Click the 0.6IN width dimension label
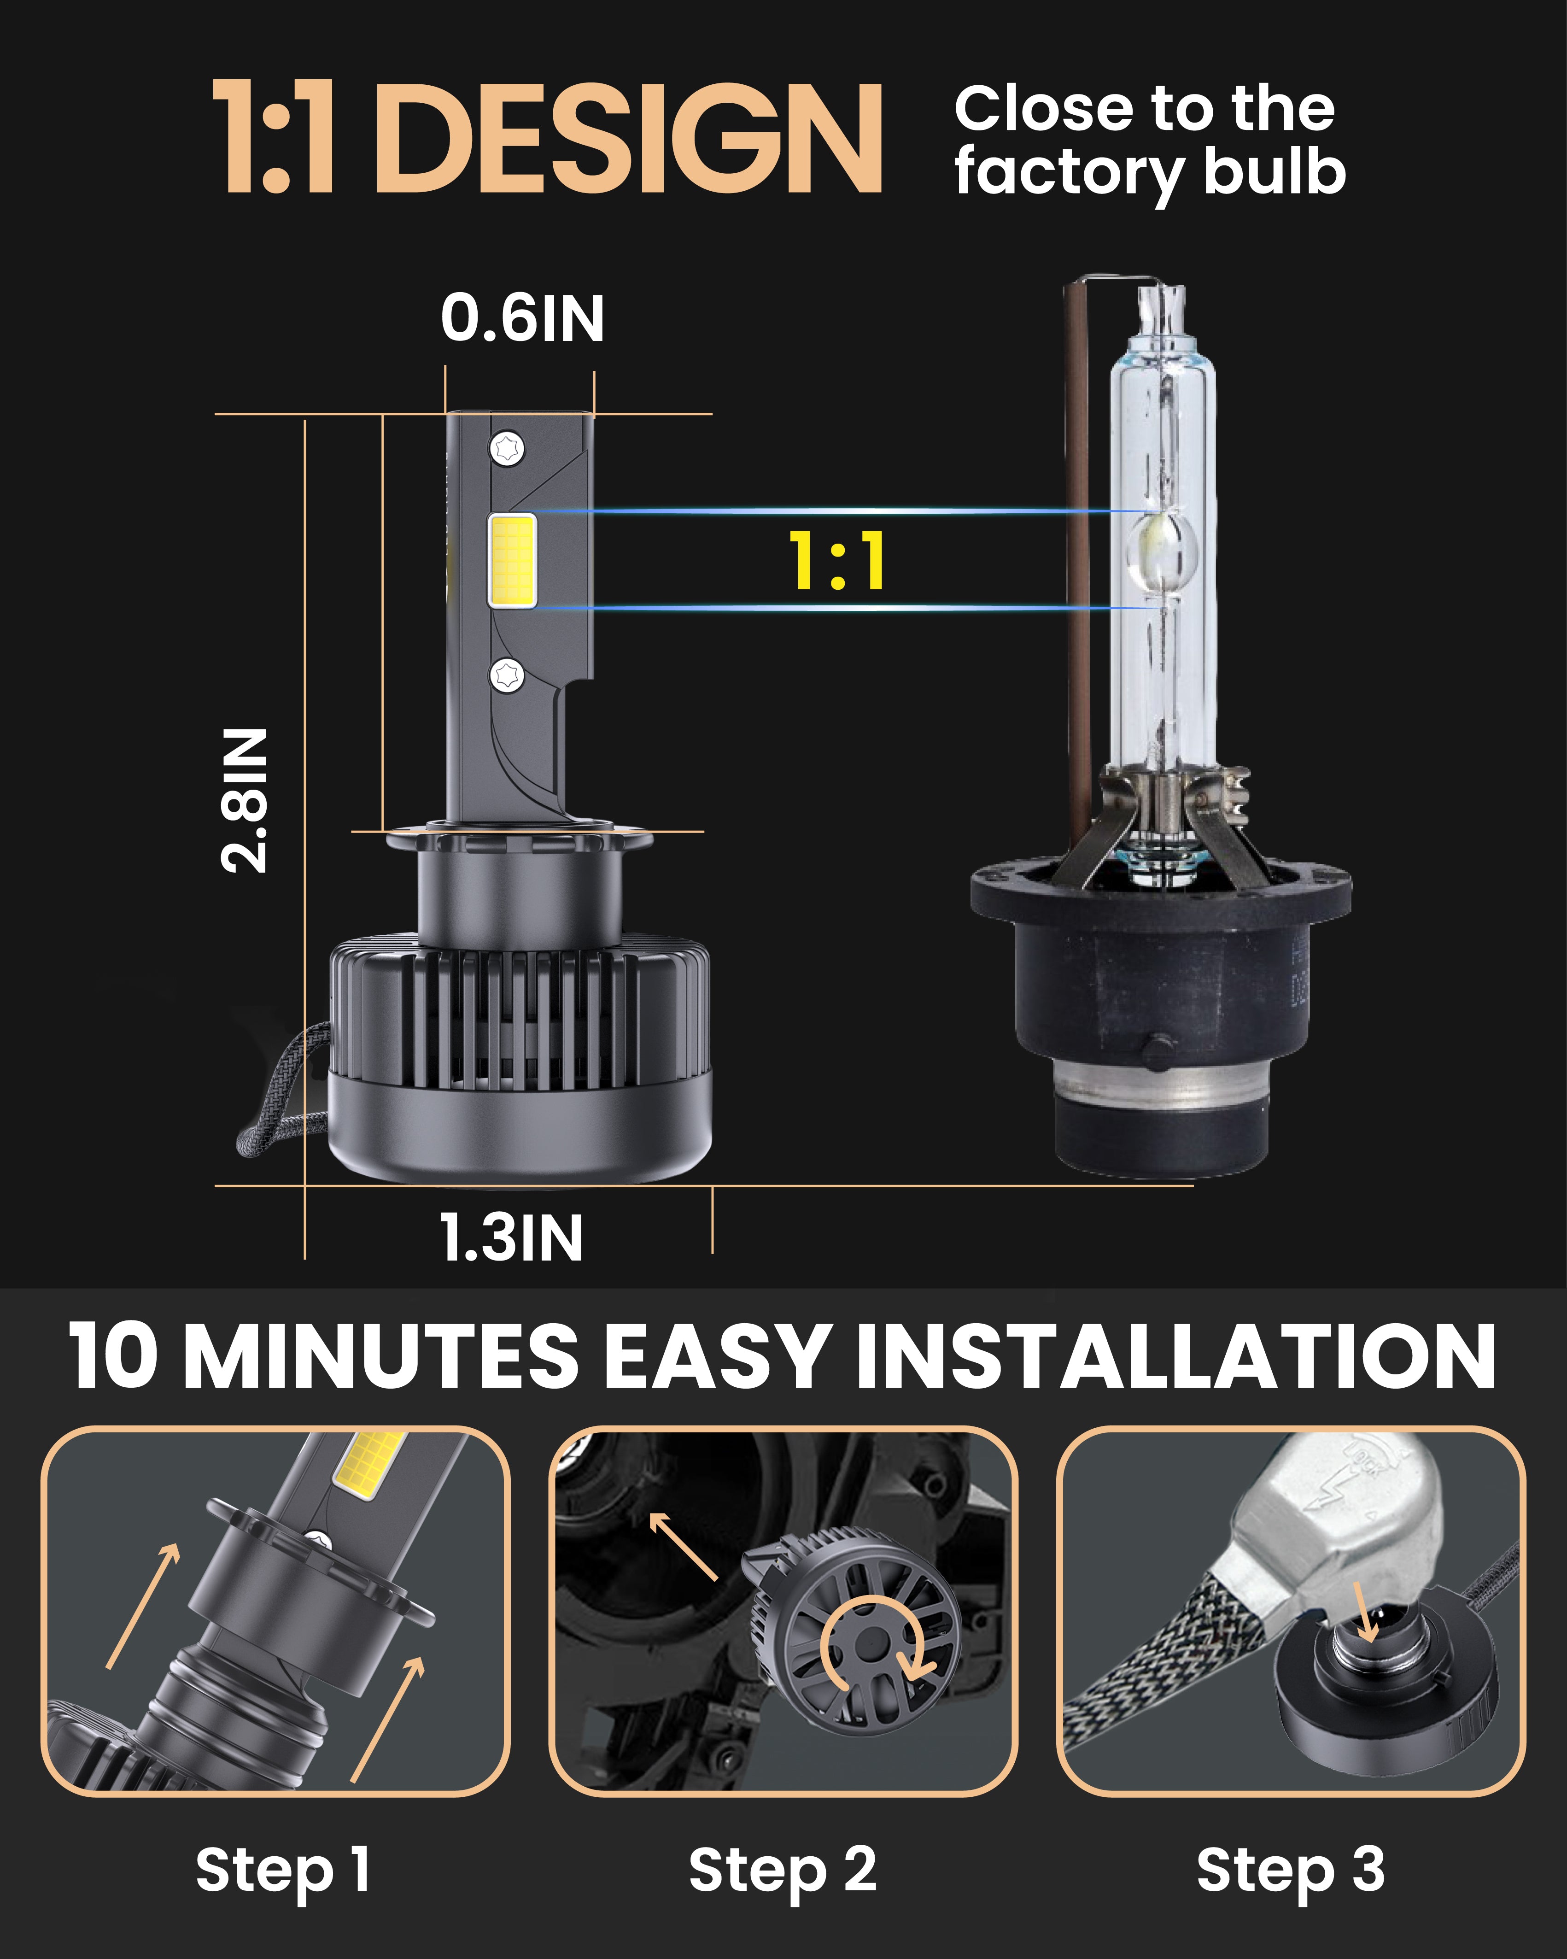coord(522,319)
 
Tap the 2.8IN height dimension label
coord(245,800)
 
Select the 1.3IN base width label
coord(511,1238)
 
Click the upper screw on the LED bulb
coord(507,448)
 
